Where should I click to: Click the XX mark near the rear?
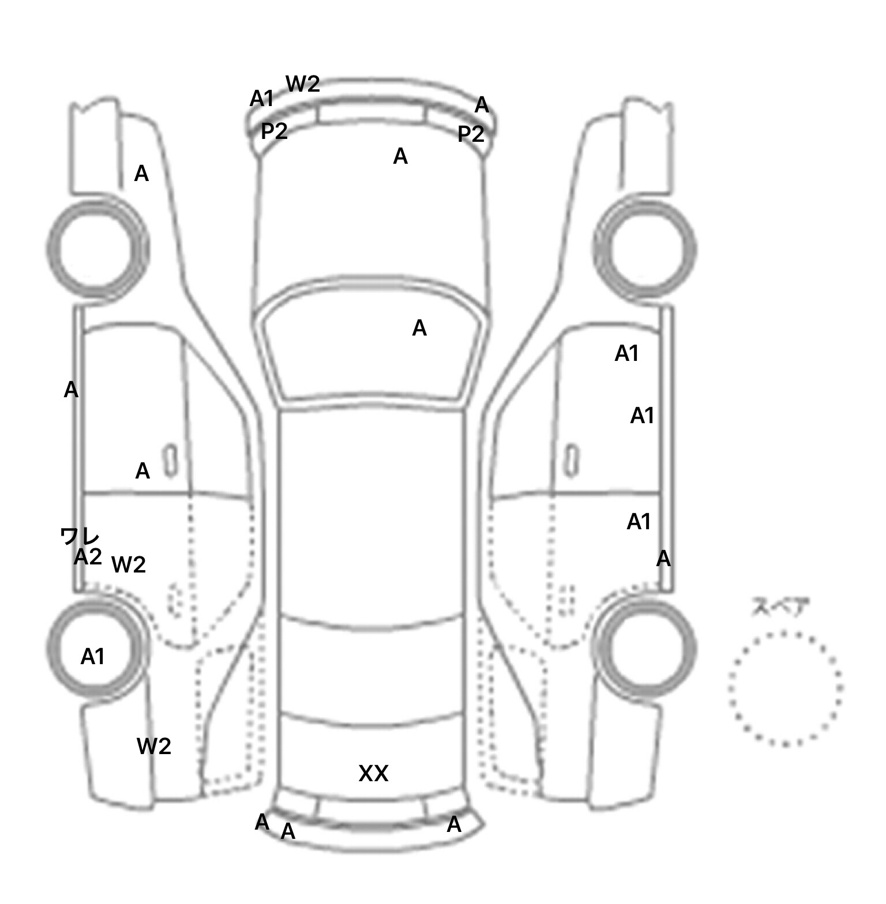tap(373, 774)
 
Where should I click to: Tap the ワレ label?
tap(80, 537)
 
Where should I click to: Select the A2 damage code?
tap(88, 558)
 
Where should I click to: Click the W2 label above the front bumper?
tap(303, 84)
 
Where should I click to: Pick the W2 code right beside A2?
tap(128, 565)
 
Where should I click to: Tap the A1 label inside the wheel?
tap(92, 657)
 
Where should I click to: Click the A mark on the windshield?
tap(419, 329)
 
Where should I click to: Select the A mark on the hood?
tap(400, 156)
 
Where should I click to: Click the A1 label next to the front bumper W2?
tap(261, 99)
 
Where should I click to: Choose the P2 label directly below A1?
tap(274, 132)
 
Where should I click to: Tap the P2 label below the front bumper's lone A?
tap(471, 134)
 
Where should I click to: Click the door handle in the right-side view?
tap(572, 459)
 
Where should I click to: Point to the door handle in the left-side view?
tap(170, 461)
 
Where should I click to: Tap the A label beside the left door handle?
tap(142, 472)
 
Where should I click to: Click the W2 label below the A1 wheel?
tap(154, 747)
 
